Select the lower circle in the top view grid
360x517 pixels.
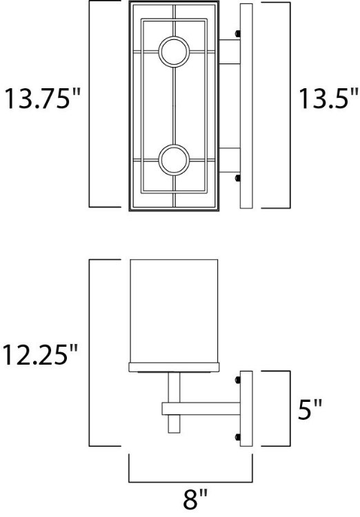(x=172, y=160)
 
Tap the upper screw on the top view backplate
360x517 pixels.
(x=237, y=33)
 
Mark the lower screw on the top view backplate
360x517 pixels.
(x=237, y=179)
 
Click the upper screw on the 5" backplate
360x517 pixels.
(x=237, y=378)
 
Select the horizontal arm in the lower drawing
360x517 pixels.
(x=200, y=409)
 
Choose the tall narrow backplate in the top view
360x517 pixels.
(x=248, y=105)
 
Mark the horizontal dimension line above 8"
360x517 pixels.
(x=191, y=480)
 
